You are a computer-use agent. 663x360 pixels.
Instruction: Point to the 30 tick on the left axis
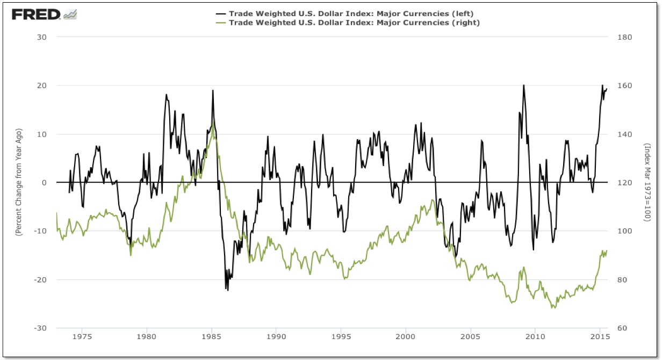coord(42,37)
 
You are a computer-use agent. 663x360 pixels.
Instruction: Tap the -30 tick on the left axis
coord(41,328)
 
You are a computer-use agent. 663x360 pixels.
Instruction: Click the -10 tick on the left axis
coord(41,231)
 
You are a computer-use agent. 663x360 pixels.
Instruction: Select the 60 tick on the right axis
coord(623,328)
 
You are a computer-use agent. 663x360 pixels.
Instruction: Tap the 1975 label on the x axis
coord(82,337)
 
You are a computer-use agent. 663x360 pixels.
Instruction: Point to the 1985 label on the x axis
coord(211,337)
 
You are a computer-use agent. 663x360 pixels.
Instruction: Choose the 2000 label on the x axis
coord(406,337)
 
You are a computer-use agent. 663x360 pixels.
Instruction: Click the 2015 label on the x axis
coord(600,337)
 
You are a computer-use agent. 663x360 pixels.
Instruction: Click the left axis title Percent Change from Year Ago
coord(18,183)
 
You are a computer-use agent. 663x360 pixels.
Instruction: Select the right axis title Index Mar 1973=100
coord(648,183)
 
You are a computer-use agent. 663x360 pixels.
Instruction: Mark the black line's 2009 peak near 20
coord(523,85)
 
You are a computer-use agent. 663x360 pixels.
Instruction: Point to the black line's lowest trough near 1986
coord(227,290)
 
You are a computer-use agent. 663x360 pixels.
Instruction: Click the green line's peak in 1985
coord(213,123)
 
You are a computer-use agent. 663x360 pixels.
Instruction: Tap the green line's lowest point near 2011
coord(553,308)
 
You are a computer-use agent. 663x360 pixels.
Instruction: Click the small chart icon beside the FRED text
coord(70,15)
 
